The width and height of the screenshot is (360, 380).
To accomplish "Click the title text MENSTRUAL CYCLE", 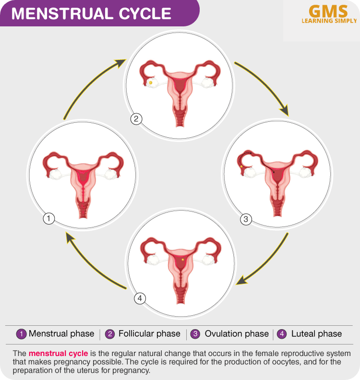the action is pyautogui.click(x=91, y=13).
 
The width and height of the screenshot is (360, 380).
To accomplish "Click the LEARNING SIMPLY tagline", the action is pyautogui.click(x=329, y=21).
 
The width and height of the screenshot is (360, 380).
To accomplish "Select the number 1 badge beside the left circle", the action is pyautogui.click(x=48, y=219).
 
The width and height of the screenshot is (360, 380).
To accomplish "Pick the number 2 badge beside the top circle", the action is pyautogui.click(x=136, y=119).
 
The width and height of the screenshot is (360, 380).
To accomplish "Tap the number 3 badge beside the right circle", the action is pyautogui.click(x=245, y=220).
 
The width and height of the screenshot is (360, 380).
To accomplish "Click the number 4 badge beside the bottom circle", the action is pyautogui.click(x=140, y=298).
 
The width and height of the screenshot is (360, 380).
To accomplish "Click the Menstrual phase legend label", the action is pyautogui.click(x=61, y=333).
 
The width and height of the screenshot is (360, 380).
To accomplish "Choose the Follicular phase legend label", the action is pyautogui.click(x=149, y=333).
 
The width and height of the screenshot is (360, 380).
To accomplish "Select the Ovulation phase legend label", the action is pyautogui.click(x=237, y=333).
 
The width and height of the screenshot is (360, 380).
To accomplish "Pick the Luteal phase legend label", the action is pyautogui.click(x=316, y=333).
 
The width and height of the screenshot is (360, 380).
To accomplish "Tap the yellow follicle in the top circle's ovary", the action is pyautogui.click(x=150, y=83).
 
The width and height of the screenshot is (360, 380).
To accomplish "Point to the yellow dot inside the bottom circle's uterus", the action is pyautogui.click(x=183, y=260).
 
